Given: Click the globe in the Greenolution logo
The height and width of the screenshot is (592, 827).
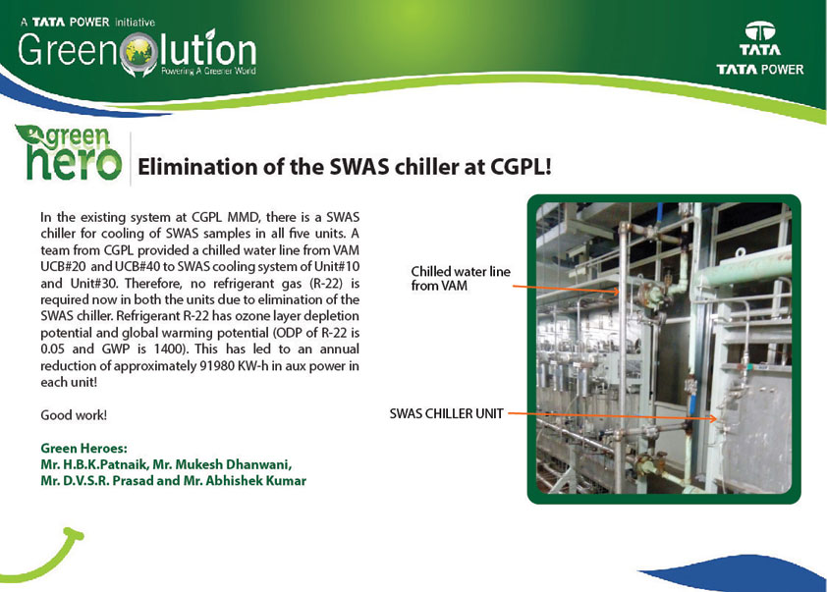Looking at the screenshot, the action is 138,52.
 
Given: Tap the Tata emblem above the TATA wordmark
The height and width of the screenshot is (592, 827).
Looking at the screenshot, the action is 760,31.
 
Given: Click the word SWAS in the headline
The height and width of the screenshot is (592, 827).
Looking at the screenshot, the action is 359,167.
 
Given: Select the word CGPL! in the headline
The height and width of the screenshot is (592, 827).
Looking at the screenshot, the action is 522,167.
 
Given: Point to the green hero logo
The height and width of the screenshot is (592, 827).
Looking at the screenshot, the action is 69,152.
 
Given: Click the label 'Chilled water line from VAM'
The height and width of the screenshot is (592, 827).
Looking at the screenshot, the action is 461,279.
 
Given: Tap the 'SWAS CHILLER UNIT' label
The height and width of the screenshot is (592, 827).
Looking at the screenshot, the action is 446,413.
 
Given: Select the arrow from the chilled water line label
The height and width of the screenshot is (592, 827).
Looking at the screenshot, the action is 566,289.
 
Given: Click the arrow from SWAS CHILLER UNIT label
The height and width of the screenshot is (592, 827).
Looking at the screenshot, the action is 612,416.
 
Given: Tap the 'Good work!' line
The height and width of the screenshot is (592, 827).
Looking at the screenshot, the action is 74,415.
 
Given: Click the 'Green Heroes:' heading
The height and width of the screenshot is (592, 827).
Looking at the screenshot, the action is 83,449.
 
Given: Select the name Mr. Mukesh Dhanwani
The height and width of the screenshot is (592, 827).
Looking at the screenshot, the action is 222,464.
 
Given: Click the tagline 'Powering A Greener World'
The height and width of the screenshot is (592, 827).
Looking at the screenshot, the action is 208,71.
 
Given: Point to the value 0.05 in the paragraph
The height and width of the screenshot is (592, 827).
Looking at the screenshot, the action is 52,349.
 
